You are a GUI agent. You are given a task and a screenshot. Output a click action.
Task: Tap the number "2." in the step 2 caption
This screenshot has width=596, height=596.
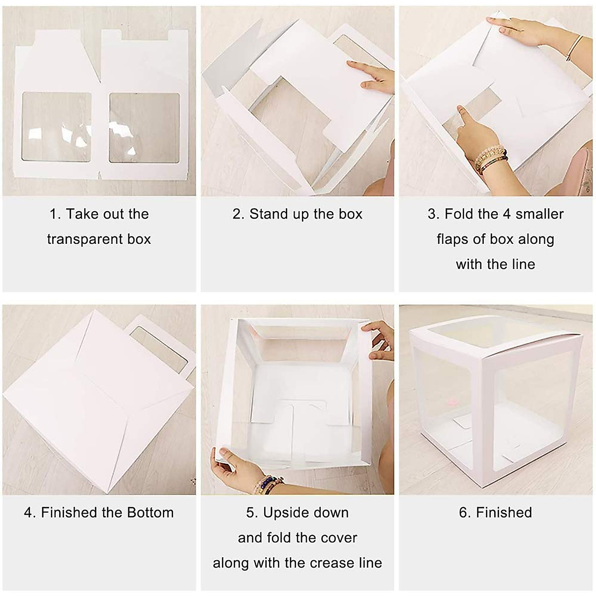[x=239, y=214]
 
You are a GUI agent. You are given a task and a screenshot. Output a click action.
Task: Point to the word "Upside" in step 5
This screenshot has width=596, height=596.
[x=284, y=513]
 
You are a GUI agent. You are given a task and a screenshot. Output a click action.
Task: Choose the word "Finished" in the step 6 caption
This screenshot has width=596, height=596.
[x=504, y=513]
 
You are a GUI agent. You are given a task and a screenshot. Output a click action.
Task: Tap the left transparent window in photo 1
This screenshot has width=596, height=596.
[x=57, y=127]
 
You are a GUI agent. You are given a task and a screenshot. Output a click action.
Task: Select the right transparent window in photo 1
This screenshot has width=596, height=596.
[x=145, y=128]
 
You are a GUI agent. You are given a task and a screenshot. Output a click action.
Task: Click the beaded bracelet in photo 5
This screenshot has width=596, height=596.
[x=268, y=483]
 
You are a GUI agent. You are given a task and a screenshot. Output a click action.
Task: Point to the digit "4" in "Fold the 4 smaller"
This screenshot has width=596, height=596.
[x=506, y=214]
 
